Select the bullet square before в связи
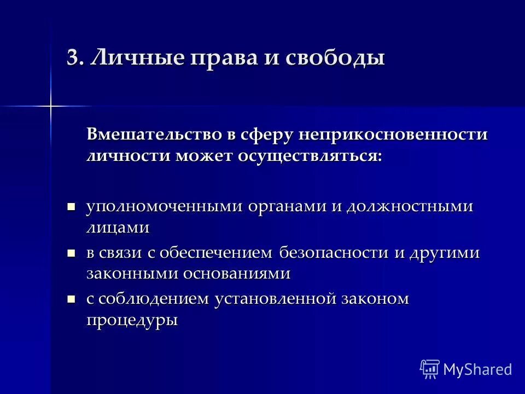click(70, 253)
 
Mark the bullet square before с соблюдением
click(70, 299)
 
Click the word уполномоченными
click(164, 207)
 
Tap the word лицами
click(118, 228)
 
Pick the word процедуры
click(132, 321)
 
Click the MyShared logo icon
click(429, 369)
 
